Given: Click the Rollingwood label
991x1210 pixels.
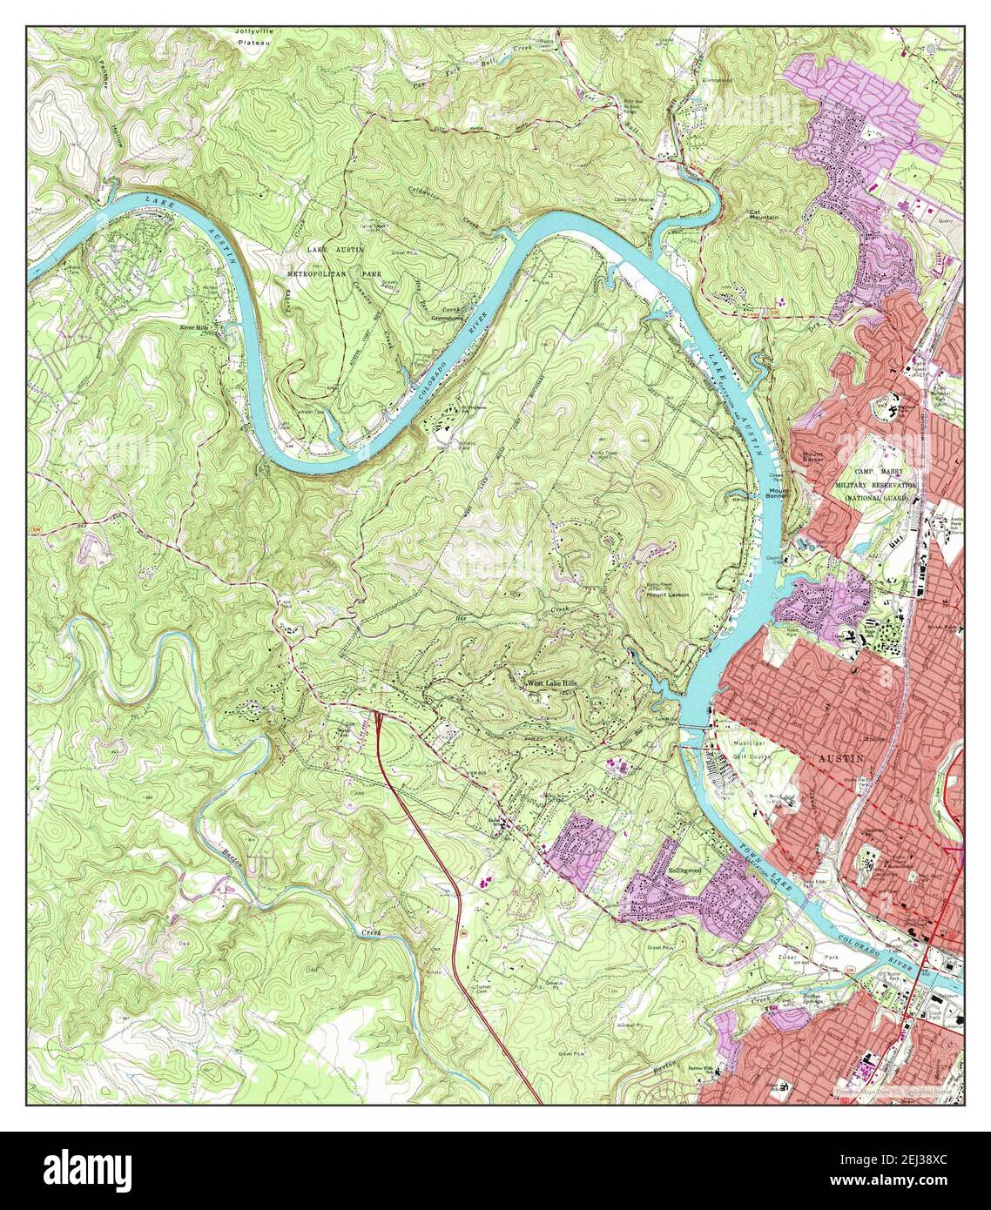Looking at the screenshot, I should coord(685,870).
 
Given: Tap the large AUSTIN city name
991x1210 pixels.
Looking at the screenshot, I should coord(842,758).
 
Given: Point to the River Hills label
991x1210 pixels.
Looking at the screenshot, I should coord(194,328).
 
